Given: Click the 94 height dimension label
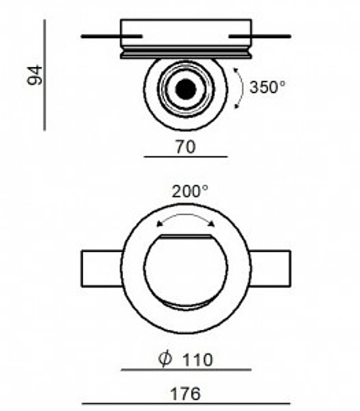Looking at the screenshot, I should point(35,75).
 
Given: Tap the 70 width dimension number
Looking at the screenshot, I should point(185,147).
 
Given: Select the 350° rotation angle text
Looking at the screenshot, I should point(267,87).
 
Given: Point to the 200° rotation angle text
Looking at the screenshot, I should point(190,192).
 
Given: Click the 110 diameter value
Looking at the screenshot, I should point(197,360).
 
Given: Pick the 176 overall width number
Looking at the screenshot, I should point(185,394).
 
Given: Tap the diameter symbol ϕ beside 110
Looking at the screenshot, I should point(165,359).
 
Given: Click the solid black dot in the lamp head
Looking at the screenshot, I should point(186,89).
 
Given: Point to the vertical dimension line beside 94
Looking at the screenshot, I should point(45,75).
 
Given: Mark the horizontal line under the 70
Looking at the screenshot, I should point(185,156).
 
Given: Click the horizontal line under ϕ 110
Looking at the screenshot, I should point(186,369).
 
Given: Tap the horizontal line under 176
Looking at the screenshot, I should point(186,404).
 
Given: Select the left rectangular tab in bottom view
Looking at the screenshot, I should point(102,268).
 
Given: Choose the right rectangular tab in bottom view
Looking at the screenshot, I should point(270,268).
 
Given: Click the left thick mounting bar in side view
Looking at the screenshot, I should point(111,36).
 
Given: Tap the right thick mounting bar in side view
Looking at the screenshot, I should point(260,36).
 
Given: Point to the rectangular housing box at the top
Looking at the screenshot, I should point(186,32).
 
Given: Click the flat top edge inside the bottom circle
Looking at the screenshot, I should point(186,236).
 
